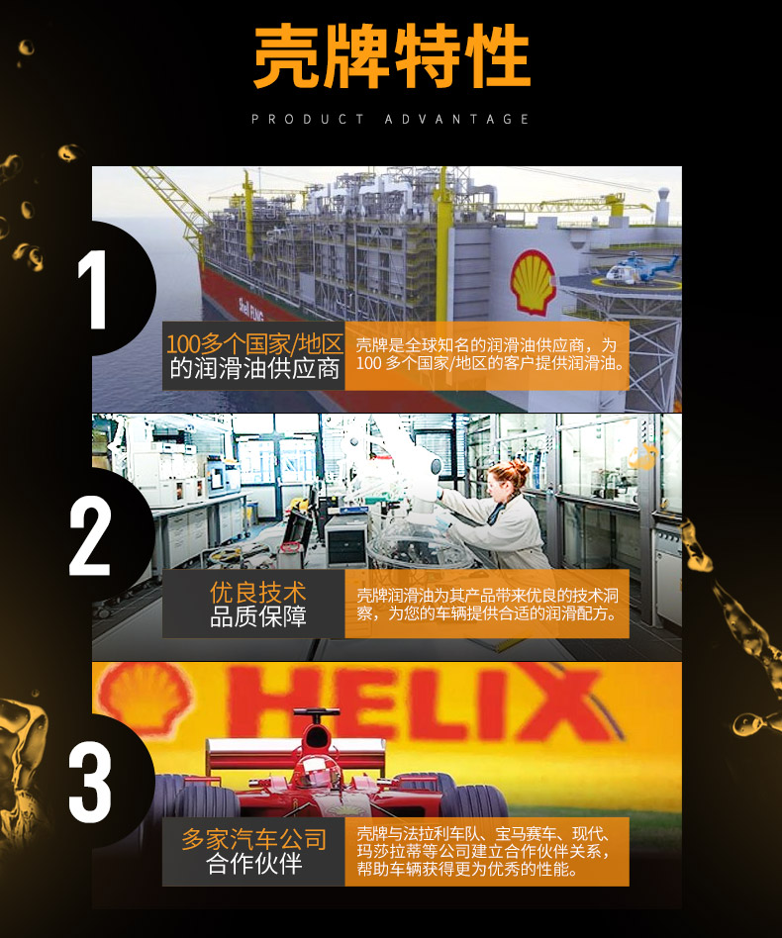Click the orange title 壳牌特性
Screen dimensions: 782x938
tap(392, 56)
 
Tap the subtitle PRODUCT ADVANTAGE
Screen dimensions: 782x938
tap(391, 119)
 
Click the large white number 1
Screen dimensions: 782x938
tap(93, 290)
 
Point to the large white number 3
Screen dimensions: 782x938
tap(90, 783)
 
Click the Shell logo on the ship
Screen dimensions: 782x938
tap(532, 282)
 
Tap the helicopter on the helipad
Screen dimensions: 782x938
tap(640, 267)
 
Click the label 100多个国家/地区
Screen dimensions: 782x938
tap(254, 344)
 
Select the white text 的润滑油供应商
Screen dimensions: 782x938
tap(254, 369)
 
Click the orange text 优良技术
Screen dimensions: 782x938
tap(258, 593)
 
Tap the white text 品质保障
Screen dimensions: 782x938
tap(258, 616)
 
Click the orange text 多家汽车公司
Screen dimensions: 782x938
tap(254, 839)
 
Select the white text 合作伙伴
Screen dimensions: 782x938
tap(254, 863)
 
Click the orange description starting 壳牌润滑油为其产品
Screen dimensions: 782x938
tap(488, 605)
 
